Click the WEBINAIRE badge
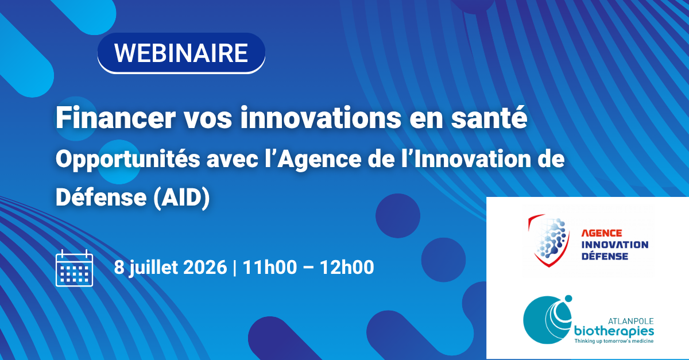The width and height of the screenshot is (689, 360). pos(181,53)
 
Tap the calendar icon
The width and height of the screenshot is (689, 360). pos(74,268)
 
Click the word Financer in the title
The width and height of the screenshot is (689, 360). pos(115,118)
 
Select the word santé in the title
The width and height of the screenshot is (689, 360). pos(489,118)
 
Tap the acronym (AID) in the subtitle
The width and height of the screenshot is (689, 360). pos(181,198)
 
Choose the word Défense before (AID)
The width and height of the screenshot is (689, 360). pos(101,197)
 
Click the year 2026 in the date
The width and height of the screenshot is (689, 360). pos(205,267)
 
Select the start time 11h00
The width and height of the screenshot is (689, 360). pos(270,267)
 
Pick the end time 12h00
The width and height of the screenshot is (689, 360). pos(347,267)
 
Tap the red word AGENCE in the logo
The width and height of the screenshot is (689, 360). pos(601,233)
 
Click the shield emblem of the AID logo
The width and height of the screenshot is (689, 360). pos(549,241)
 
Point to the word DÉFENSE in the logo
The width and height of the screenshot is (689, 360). pos(605,256)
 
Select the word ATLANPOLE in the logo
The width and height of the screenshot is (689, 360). pos(630,321)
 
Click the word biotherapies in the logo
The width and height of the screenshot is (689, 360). pos(614,332)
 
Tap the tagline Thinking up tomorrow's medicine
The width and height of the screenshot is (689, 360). pos(614,341)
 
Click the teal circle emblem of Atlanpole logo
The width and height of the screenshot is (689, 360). pos(548,319)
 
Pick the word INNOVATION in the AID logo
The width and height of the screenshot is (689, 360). pos(614,245)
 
